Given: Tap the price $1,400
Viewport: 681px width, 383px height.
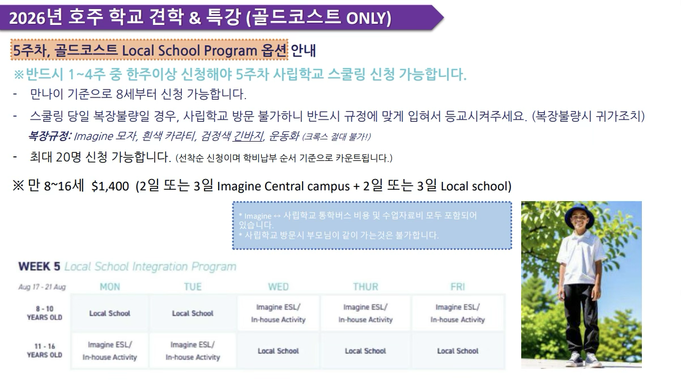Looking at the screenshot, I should (110, 186).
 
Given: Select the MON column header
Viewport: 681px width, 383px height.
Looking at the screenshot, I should (110, 287).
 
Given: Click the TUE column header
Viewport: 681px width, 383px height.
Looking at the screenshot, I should (193, 287).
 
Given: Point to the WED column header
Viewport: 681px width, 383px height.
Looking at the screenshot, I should (278, 287).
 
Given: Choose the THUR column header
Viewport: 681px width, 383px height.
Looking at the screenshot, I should (365, 287).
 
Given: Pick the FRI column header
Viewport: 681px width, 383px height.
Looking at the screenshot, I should (457, 287).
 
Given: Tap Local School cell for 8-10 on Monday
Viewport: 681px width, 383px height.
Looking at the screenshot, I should (110, 313).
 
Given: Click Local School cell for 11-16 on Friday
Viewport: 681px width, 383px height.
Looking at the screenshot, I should (457, 351).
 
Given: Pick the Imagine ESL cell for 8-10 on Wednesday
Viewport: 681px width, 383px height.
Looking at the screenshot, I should (278, 313).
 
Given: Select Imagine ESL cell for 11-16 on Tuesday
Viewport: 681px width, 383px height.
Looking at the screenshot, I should (193, 351).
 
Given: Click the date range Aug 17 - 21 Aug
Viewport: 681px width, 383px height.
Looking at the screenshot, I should (42, 287).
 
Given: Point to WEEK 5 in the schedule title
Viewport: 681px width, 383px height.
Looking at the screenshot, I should (40, 266).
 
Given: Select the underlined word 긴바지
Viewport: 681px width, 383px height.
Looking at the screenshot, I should (248, 137).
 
